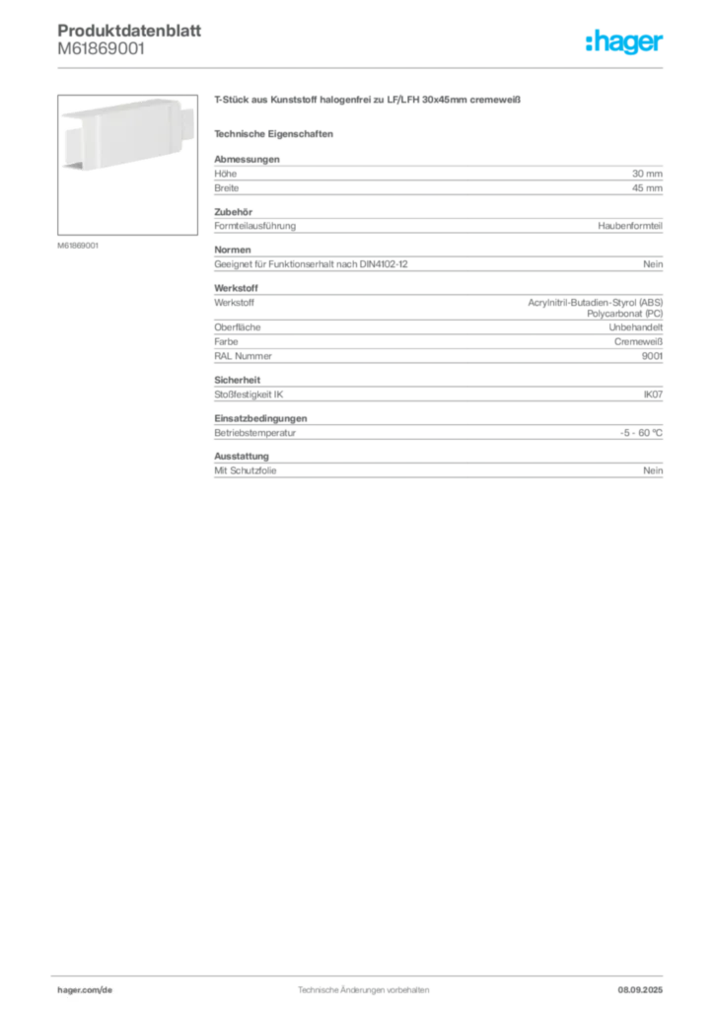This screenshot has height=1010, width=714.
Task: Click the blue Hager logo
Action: (625, 43)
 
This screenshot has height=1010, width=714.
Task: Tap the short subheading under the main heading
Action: (276, 133)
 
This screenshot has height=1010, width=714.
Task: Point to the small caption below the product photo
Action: (78, 244)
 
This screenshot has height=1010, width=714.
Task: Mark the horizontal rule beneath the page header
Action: (363, 67)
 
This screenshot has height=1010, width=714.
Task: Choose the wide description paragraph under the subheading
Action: (438, 177)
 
